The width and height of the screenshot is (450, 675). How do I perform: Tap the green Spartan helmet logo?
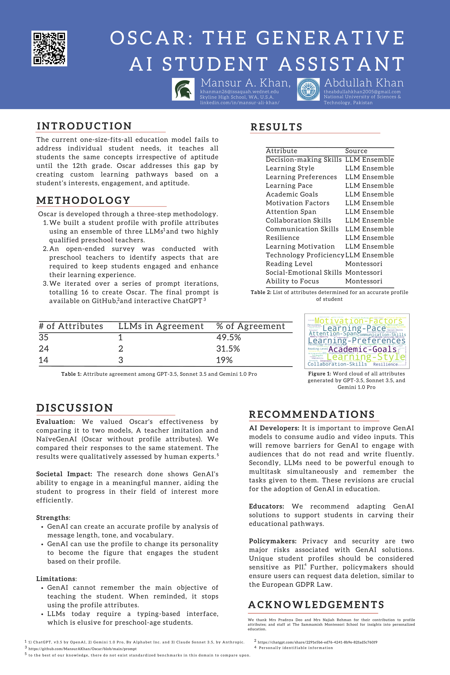point(183,89)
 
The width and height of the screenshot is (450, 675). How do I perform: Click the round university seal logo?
point(308,89)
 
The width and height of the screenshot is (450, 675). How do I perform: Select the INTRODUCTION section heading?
point(84,126)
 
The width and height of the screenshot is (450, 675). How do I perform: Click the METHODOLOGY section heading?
point(83,200)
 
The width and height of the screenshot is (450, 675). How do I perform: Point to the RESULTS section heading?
point(276,127)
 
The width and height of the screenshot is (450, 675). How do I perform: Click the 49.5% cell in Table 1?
point(229,337)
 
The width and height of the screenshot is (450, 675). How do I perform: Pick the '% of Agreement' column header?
point(251,326)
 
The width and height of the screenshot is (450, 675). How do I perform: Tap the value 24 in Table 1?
point(44,349)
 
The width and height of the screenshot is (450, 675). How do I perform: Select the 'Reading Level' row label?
point(289,264)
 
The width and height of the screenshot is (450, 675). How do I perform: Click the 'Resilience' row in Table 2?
point(282,238)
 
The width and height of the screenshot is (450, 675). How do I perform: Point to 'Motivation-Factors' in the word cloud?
point(358,321)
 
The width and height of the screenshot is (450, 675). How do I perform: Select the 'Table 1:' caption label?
point(71,374)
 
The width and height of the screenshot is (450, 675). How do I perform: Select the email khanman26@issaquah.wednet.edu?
point(239,92)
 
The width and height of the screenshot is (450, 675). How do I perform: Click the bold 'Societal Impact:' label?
point(64,474)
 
